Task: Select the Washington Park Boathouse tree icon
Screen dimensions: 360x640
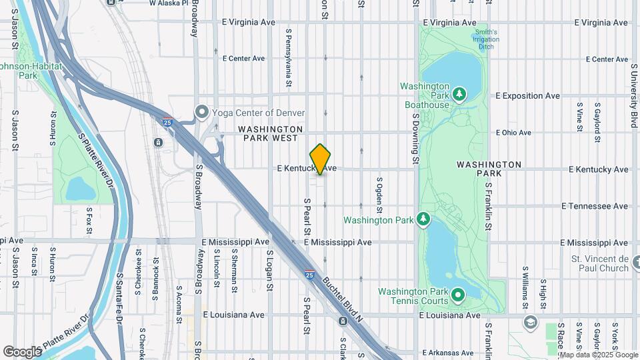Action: [459, 95]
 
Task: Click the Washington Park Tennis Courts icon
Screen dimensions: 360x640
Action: [458, 294]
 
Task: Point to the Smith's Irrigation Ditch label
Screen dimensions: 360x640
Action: [486, 39]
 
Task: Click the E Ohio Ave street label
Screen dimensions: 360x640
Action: [513, 133]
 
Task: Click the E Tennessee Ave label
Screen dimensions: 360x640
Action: [595, 206]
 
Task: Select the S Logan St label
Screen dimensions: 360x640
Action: [270, 270]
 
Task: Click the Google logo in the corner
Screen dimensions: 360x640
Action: [22, 351]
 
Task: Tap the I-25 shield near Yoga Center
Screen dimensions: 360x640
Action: [167, 122]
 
